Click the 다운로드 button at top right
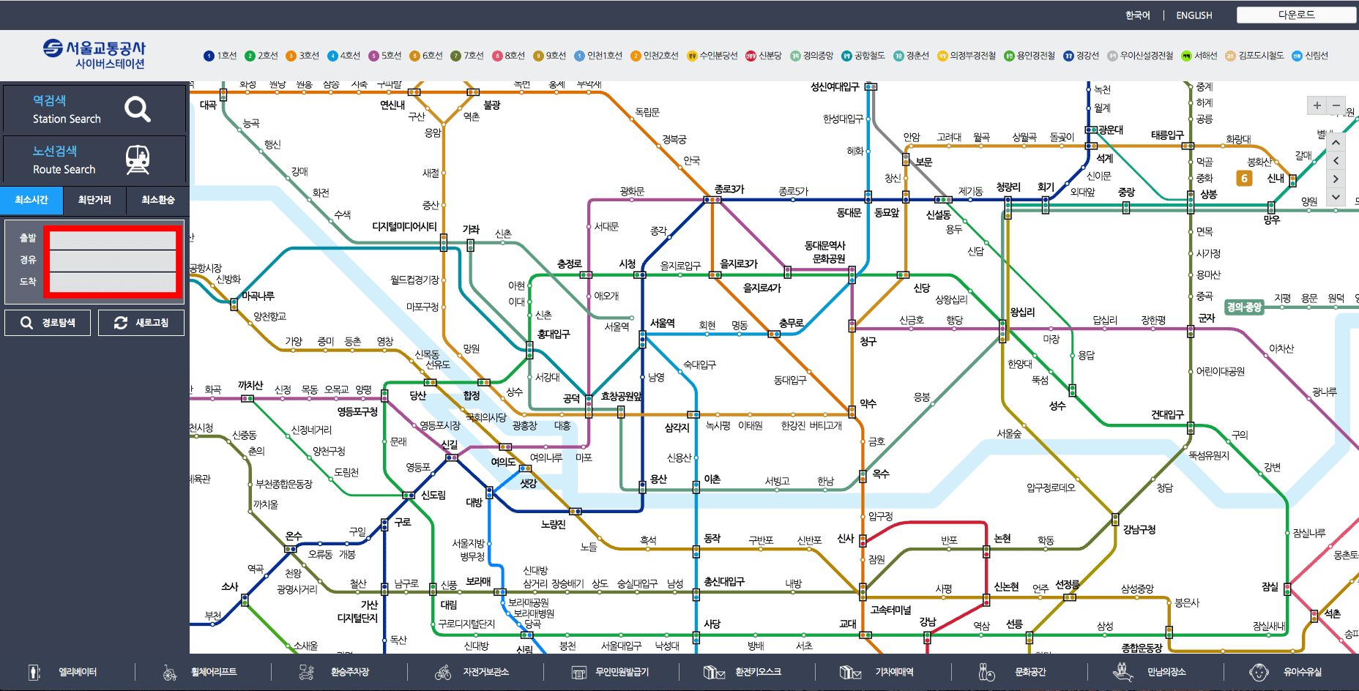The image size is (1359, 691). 1296,15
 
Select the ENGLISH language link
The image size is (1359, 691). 1194,15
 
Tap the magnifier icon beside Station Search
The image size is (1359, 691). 137,109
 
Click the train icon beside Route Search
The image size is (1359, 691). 137,160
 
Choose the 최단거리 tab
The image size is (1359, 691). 94,200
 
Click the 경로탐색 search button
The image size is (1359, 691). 48,323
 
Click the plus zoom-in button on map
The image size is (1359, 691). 1317,105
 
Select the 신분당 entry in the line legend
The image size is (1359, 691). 764,56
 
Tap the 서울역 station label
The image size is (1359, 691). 662,323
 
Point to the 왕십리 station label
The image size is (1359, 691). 1022,312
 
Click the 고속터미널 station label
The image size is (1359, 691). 890,610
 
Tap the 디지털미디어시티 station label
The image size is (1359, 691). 404,227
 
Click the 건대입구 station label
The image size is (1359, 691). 1167,414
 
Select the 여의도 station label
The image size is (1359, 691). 503,462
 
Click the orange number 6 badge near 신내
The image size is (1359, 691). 1244,178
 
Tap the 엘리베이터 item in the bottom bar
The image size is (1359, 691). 77,672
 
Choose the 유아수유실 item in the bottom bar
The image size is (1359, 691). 1302,672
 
